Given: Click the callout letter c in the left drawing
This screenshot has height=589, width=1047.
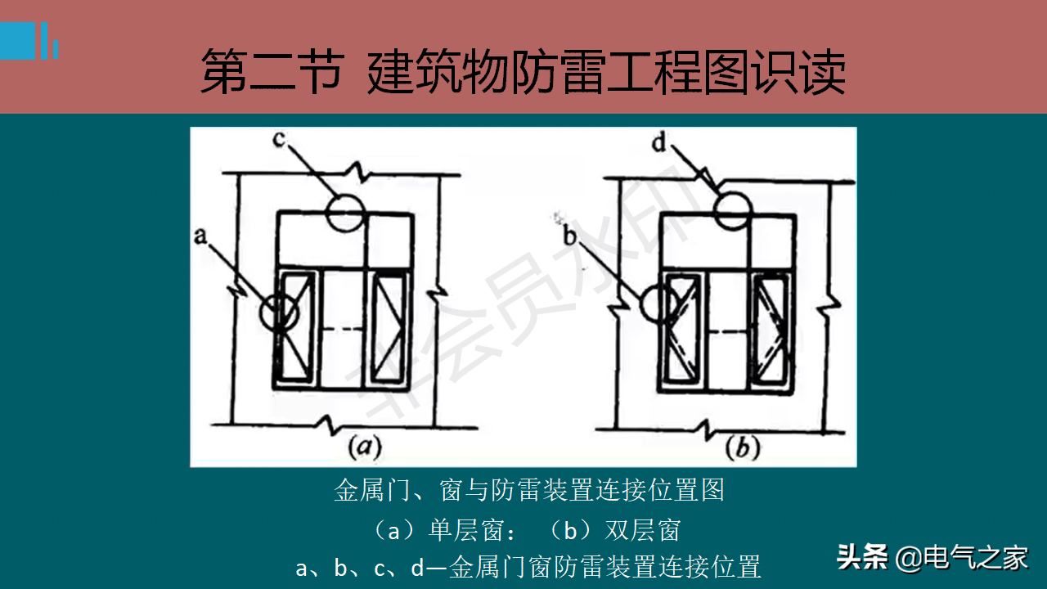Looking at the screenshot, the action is (279, 139).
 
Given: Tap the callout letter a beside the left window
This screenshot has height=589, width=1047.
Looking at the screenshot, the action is (200, 236).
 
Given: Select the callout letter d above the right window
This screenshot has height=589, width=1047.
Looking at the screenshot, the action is (659, 142).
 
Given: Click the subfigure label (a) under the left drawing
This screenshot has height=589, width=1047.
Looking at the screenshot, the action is (365, 447).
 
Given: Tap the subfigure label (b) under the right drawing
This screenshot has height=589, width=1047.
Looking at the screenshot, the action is (743, 447).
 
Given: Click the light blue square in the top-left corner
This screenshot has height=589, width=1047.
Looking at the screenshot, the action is (17, 41).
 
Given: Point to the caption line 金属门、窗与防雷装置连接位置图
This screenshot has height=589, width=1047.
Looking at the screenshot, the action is (529, 490).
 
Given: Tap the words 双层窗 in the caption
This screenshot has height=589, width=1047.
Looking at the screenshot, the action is (643, 531).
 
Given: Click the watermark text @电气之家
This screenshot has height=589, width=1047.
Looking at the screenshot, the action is (962, 558).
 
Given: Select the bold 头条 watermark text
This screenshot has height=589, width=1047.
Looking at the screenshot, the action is (862, 557).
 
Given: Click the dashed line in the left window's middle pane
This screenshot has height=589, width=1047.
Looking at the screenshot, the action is (344, 329).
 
